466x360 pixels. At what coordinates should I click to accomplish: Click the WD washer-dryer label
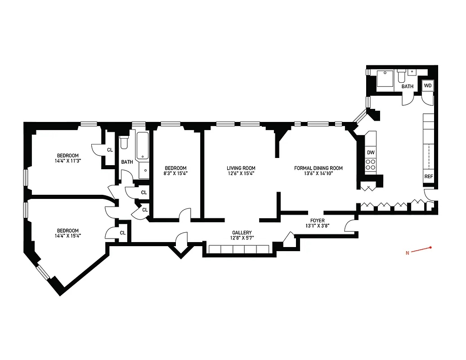(x=428, y=85)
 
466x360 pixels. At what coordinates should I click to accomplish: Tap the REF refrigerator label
(x=428, y=176)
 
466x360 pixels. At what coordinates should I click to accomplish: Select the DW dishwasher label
(x=371, y=153)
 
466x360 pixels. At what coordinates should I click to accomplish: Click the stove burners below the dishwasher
(x=371, y=165)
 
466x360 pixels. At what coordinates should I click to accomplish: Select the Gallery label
(x=242, y=233)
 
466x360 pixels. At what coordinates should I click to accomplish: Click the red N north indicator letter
(x=408, y=253)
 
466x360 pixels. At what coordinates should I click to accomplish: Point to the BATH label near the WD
(x=408, y=86)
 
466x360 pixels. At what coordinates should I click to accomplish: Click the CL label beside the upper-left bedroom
(x=110, y=150)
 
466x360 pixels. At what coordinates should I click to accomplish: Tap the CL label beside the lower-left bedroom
(x=122, y=233)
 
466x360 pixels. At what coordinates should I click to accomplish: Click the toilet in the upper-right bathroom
(x=402, y=75)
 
